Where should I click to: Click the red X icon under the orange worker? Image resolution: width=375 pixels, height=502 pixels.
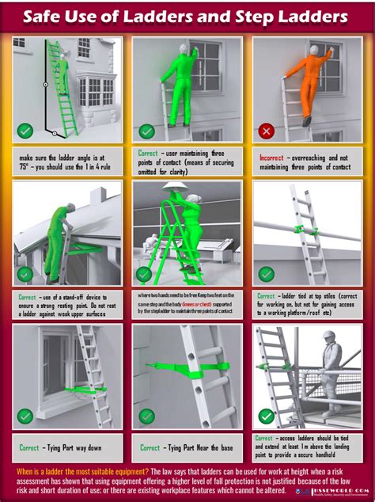[x=267, y=131]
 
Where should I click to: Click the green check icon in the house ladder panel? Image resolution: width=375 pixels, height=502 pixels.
[x=26, y=130]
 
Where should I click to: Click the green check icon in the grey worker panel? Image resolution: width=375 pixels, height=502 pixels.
[x=267, y=416]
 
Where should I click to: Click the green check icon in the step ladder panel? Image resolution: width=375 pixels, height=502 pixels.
[x=145, y=274]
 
